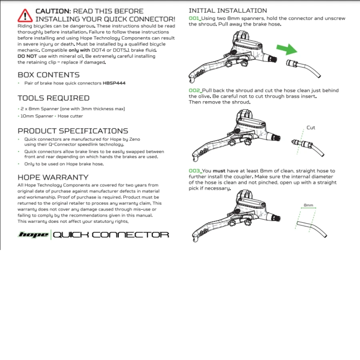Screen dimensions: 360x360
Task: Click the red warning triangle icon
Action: click(25, 15)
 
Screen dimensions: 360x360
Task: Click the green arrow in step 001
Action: click(287, 50)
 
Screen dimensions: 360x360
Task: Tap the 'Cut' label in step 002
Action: click(311, 128)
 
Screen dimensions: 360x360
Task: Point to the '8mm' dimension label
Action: click(308, 205)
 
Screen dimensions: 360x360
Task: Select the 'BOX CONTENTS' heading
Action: click(48, 75)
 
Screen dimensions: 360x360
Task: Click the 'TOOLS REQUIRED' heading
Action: click(54, 98)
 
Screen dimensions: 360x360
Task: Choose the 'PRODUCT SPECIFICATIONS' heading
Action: click(73, 131)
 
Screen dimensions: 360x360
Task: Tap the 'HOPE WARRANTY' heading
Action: click(53, 177)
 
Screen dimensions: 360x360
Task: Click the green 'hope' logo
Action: click(34, 235)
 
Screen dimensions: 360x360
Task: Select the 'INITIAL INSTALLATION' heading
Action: click(228, 11)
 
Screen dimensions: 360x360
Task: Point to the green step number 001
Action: click(194, 18)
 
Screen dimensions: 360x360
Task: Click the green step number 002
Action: click(194, 91)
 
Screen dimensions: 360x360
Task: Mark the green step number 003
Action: click(194, 171)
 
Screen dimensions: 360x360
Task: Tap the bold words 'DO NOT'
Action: click(27, 56)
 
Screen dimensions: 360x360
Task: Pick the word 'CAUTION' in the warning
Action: click(53, 11)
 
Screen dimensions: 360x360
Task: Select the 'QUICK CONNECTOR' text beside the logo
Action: click(111, 235)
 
